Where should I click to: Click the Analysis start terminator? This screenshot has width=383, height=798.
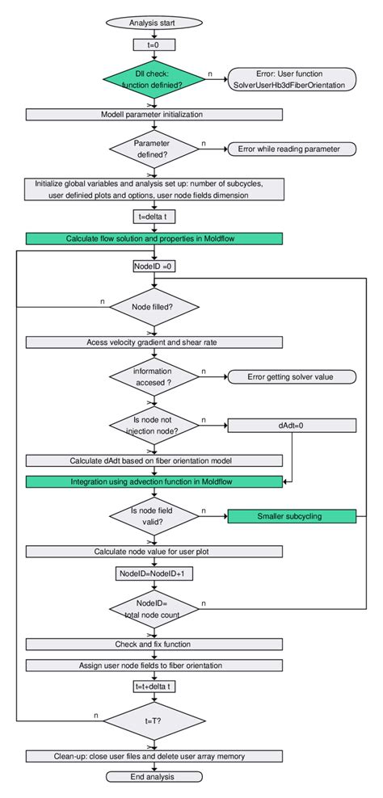pyautogui.click(x=154, y=23)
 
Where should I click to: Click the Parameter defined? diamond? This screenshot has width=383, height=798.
pyautogui.click(x=154, y=148)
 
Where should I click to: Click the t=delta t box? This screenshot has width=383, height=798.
pyautogui.click(x=154, y=216)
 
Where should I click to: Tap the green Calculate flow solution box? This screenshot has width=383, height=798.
pyautogui.click(x=154, y=238)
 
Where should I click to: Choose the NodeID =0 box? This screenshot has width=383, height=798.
pyautogui.click(x=154, y=265)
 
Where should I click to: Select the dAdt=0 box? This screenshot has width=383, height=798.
pyautogui.click(x=292, y=424)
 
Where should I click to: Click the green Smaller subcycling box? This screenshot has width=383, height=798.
pyautogui.click(x=292, y=516)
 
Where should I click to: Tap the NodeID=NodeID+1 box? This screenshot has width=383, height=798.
pyautogui.click(x=154, y=573)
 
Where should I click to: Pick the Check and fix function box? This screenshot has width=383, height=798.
pyautogui.click(x=154, y=644)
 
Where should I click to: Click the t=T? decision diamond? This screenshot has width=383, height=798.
pyautogui.click(x=154, y=719)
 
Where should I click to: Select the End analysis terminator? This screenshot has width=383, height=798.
pyautogui.click(x=154, y=776)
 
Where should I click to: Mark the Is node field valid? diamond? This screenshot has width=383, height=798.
pyautogui.click(x=154, y=516)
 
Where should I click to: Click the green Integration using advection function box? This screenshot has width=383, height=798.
pyautogui.click(x=154, y=481)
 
